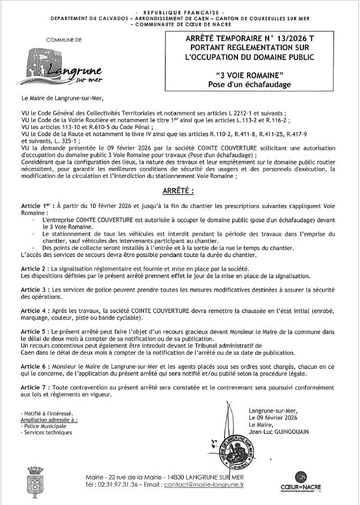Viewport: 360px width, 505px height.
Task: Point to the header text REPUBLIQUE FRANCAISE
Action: (179, 12)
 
